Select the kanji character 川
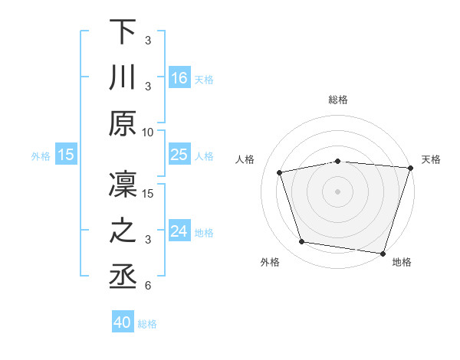click(123, 77)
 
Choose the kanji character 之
click(123, 231)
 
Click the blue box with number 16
click(179, 77)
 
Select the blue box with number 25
click(179, 155)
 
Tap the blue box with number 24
click(179, 231)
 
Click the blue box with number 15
click(66, 155)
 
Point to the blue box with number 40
click(123, 322)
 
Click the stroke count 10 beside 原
click(148, 132)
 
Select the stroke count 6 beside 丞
click(147, 286)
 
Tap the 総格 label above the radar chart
click(338, 100)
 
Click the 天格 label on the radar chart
click(431, 159)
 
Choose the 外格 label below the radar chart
click(270, 262)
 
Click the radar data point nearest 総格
click(338, 161)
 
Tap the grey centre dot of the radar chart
click(338, 191)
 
